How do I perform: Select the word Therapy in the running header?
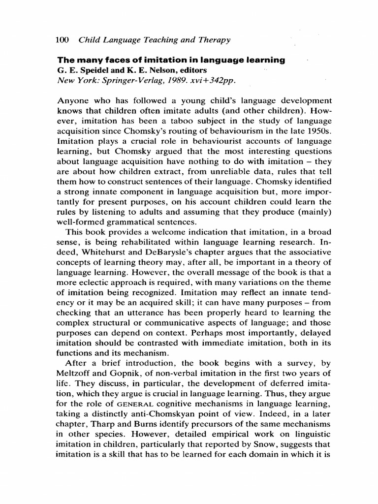coord(214,40)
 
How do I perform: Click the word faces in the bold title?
coord(111,60)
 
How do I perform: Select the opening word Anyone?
coord(74,100)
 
